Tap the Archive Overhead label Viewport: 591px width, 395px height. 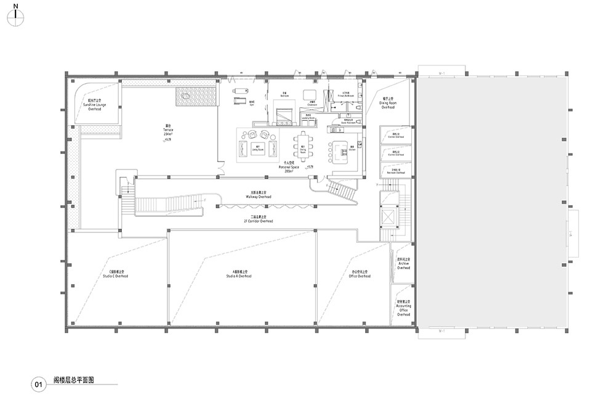coord(404,264)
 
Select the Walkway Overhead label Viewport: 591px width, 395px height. coord(259,195)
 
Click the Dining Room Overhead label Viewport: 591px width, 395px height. coord(387,103)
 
